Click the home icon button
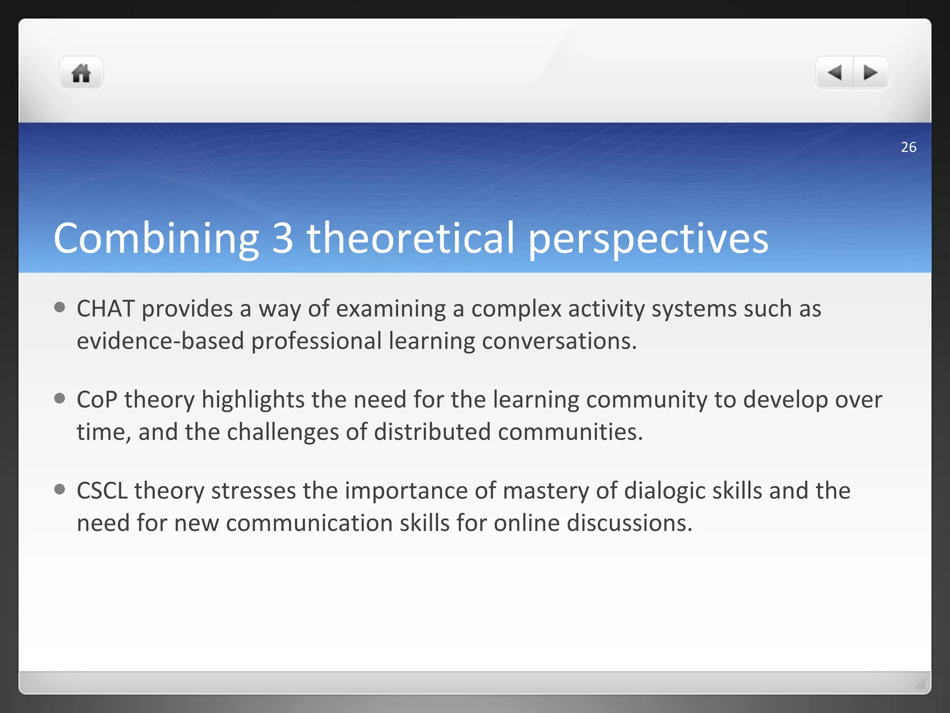[x=81, y=73]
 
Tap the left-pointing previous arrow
[x=834, y=73]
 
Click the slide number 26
[x=908, y=147]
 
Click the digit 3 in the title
[x=282, y=238]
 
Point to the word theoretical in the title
[x=411, y=238]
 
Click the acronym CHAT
[x=106, y=309]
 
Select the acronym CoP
[x=97, y=400]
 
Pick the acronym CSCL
[x=102, y=491]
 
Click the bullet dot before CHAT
[x=59, y=307]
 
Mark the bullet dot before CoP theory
[x=59, y=398]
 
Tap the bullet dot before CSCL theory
[x=59, y=489]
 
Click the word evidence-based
[x=160, y=341]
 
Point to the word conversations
[x=559, y=341]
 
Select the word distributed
[x=432, y=432]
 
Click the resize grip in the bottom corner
[x=920, y=684]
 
